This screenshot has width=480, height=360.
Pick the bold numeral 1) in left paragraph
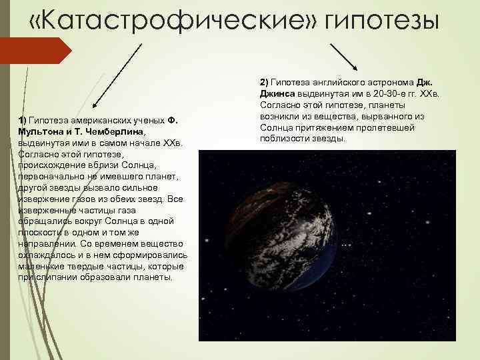tap(23, 120)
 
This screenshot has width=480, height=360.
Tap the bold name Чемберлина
tap(123, 131)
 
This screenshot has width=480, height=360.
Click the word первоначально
tap(52, 177)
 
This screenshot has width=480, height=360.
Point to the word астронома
tap(393, 82)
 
